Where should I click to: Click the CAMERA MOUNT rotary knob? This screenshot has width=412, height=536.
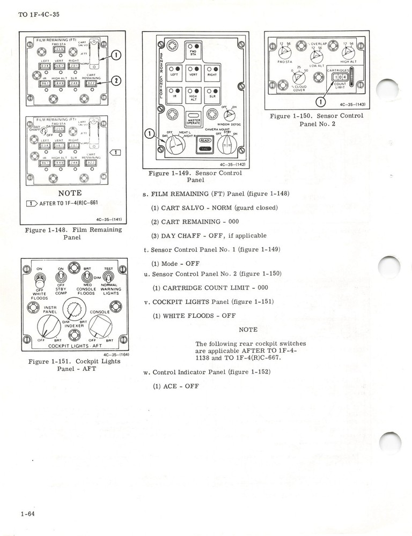coord(229,145)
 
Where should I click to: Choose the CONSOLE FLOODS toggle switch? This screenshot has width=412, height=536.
coord(85,277)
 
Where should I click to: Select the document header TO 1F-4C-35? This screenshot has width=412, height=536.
coord(39,14)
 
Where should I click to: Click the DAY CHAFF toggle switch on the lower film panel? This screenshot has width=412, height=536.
coord(39,132)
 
